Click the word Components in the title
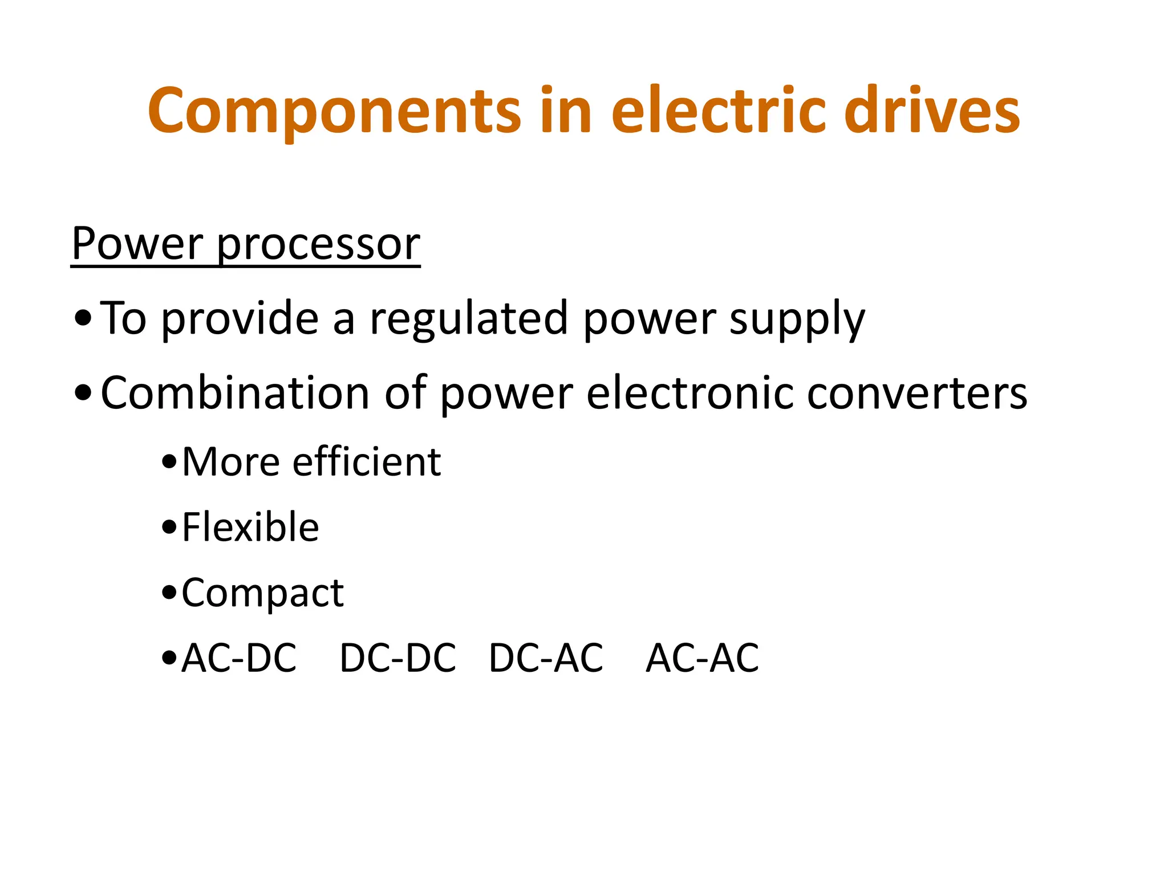click(334, 111)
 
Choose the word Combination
click(235, 393)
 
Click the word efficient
click(366, 461)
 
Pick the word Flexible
click(250, 527)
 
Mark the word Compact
click(262, 594)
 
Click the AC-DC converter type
click(239, 658)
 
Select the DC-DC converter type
click(398, 658)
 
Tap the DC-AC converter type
click(546, 658)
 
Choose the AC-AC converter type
click(702, 658)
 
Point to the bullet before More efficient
click(169, 463)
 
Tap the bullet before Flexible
click(169, 528)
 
